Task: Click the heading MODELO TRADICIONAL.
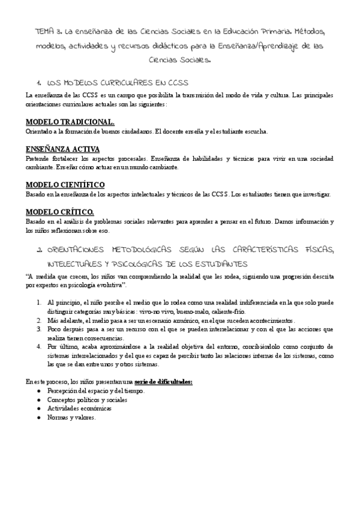pyautogui.click(x=70, y=122)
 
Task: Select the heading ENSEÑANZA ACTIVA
pyautogui.click(x=62, y=149)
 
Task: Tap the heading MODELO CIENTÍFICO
pyautogui.click(x=65, y=184)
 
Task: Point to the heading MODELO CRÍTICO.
pyautogui.click(x=59, y=211)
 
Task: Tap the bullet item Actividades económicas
pyautogui.click(x=79, y=408)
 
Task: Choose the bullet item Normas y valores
pyautogui.click(x=71, y=417)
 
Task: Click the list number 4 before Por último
pyautogui.click(x=38, y=346)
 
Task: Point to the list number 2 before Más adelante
pyautogui.click(x=38, y=321)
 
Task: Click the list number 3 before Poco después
pyautogui.click(x=38, y=329)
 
